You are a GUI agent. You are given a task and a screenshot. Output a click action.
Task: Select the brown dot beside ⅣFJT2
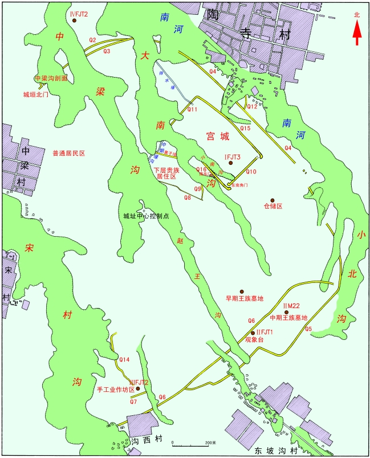coord(75,21)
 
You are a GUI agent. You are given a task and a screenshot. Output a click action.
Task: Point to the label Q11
coord(193,110)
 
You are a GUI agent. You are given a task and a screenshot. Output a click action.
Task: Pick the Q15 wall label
coord(245,128)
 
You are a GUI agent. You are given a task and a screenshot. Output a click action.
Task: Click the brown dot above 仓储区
coord(273,192)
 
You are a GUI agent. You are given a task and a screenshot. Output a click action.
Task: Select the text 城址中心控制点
coord(147,216)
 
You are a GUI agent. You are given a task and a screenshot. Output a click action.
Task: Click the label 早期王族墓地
coord(245,298)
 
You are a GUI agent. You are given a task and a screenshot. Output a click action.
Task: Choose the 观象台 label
coord(255,340)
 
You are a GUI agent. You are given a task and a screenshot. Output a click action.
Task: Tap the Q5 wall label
coord(308,329)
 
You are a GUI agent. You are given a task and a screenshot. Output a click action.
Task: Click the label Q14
coord(125,359)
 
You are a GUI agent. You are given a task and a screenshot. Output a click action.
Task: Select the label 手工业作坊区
coord(116,390)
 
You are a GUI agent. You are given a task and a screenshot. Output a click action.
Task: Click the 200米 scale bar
coord(190,444)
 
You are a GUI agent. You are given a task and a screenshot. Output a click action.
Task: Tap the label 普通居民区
coord(68,153)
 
